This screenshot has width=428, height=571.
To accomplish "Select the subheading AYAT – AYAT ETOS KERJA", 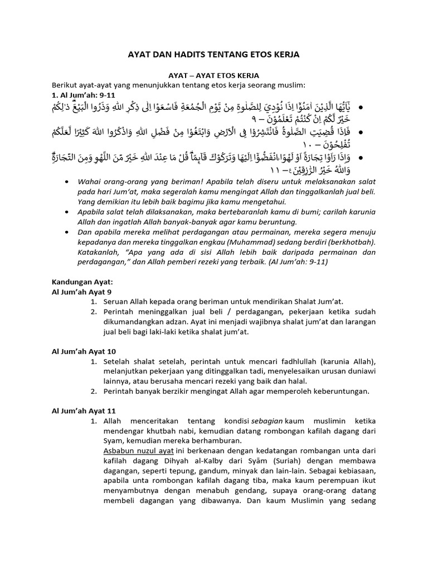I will (214, 75).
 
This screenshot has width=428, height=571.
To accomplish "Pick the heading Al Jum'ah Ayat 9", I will (82, 291).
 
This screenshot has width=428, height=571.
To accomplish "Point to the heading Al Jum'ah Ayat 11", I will (84, 411).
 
